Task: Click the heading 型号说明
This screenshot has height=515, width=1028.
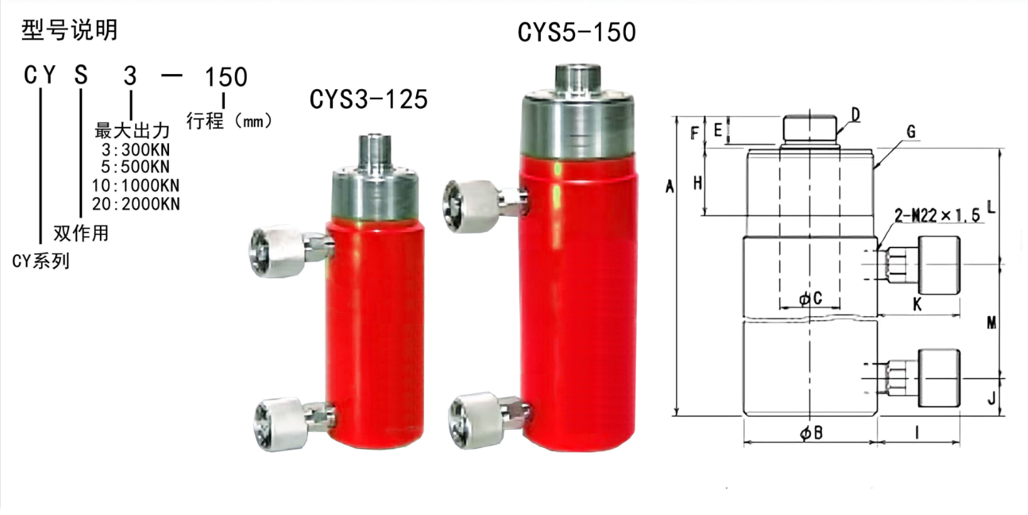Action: pyautogui.click(x=70, y=31)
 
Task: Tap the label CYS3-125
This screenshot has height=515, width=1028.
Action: pyautogui.click(x=368, y=99)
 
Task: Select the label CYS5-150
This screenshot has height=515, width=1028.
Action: pyautogui.click(x=577, y=33)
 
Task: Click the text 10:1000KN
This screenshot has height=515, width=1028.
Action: pyautogui.click(x=136, y=186)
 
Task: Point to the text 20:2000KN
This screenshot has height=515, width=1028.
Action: pyautogui.click(x=136, y=204)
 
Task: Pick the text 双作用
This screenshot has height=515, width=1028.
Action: pyautogui.click(x=81, y=234)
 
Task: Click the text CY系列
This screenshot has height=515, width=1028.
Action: pyautogui.click(x=41, y=261)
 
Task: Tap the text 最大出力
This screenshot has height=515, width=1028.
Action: pyautogui.click(x=132, y=131)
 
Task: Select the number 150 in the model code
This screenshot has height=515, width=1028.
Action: pyautogui.click(x=226, y=77)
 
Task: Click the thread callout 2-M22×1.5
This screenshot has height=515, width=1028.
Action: pyautogui.click(x=938, y=215)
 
